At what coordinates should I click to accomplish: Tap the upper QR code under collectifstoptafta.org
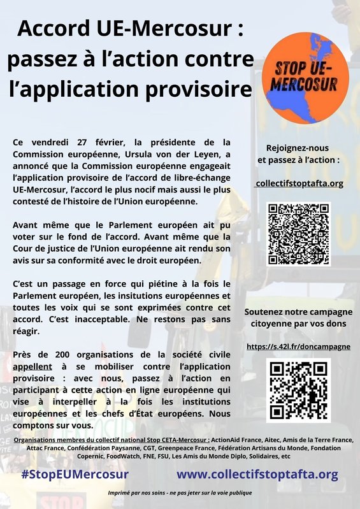click(x=299, y=234)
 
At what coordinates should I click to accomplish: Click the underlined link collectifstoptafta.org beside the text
click(x=299, y=183)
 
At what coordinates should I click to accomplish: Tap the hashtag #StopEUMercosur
click(x=75, y=475)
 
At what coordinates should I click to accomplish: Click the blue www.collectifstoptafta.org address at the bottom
click(x=257, y=475)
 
